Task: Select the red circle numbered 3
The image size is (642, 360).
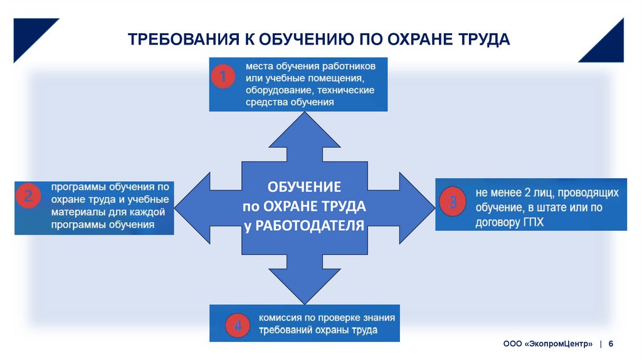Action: tap(453, 202)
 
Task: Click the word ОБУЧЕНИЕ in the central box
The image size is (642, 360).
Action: tap(304, 187)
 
